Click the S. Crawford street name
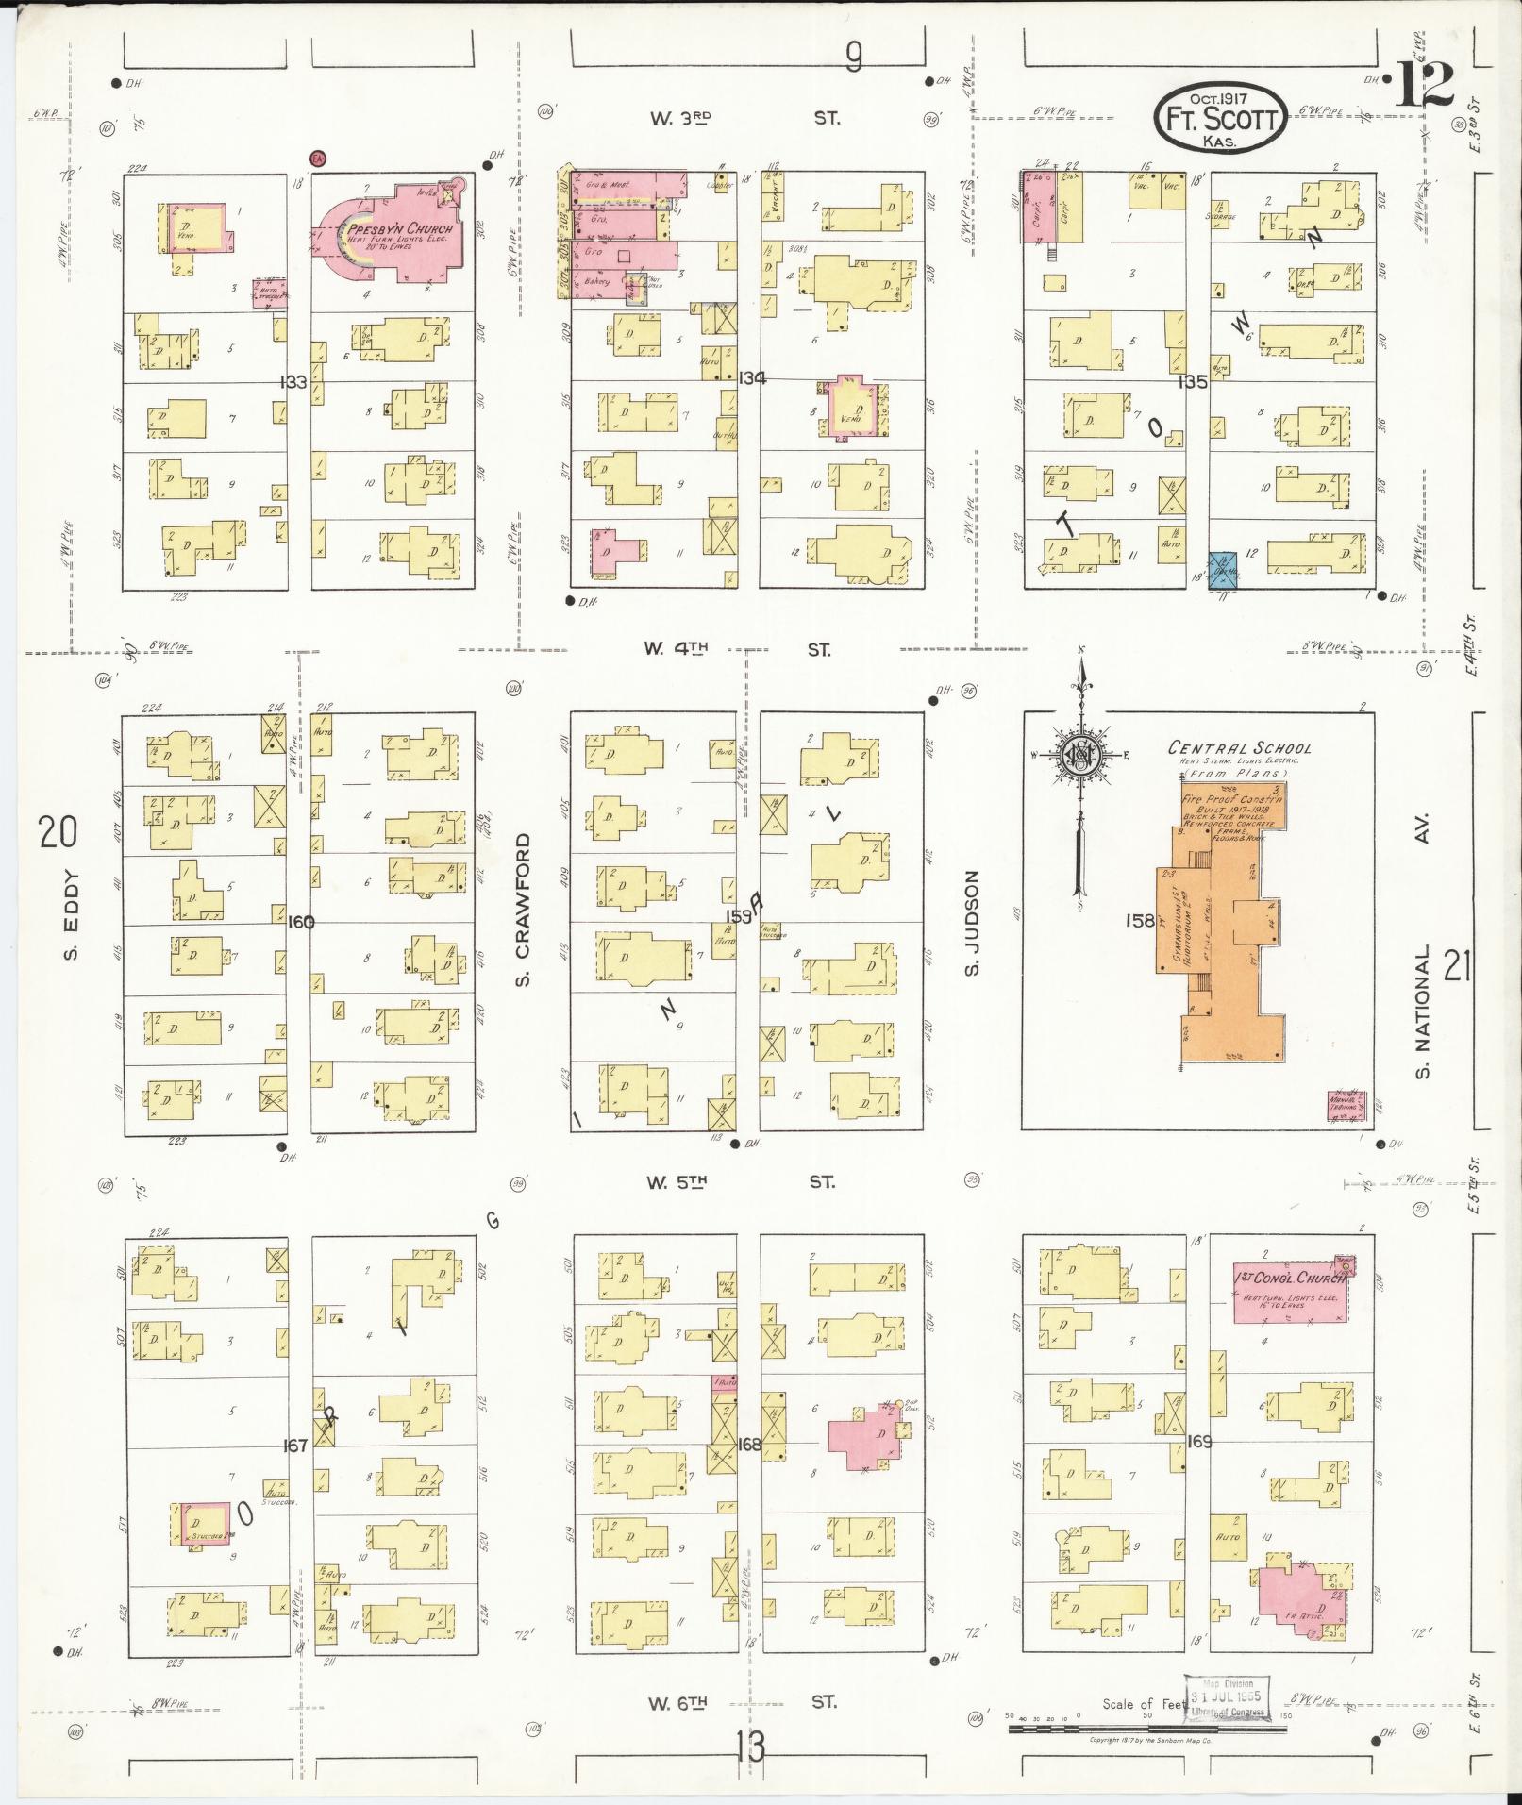(x=524, y=909)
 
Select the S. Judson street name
(x=973, y=923)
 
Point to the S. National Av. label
(x=1423, y=944)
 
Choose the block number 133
(x=293, y=382)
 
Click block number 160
(x=301, y=922)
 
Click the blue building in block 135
(x=1224, y=566)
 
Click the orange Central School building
(x=1218, y=929)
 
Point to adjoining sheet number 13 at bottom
(x=751, y=1747)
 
